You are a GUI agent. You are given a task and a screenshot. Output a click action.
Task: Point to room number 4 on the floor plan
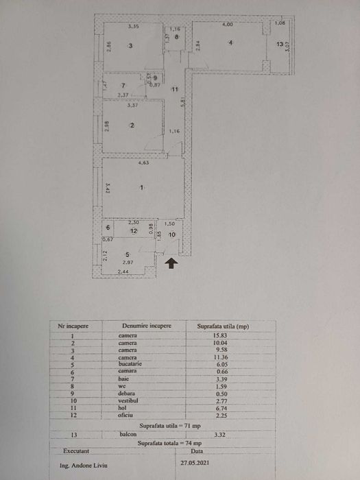click(x=231, y=43)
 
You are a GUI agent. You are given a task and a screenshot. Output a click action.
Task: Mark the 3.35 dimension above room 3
click(x=134, y=26)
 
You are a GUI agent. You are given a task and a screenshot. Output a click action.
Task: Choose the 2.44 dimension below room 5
click(x=122, y=273)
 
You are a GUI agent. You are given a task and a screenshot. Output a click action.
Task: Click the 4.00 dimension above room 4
click(x=228, y=25)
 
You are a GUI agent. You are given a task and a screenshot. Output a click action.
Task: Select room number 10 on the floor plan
click(x=171, y=235)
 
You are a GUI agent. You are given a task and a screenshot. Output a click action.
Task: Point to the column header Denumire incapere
click(x=146, y=326)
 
